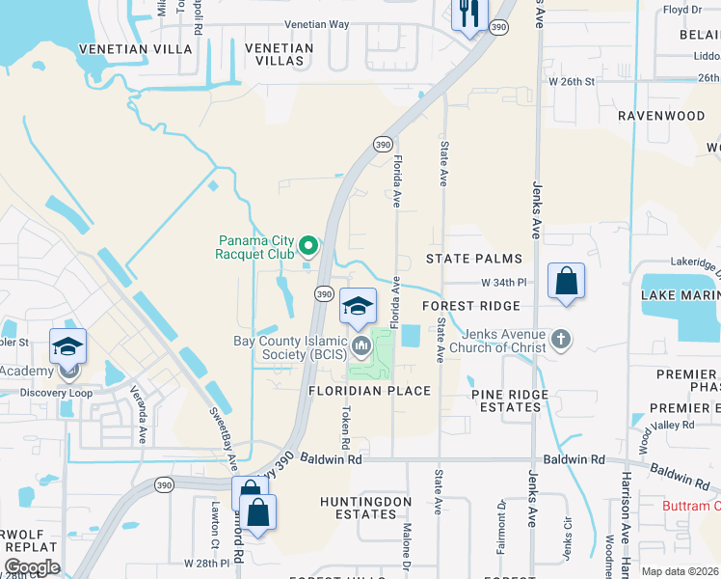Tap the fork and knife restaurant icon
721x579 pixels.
(469, 14)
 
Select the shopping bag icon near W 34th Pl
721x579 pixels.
(566, 282)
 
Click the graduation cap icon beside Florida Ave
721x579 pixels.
(358, 307)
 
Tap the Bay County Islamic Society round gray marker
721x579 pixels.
(361, 345)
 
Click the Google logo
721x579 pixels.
(32, 567)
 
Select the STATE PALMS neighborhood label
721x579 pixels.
(474, 259)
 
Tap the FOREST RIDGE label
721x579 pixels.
(471, 305)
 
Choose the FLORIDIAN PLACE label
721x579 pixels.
(369, 391)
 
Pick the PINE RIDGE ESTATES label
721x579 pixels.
(510, 400)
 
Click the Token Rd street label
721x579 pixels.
(345, 426)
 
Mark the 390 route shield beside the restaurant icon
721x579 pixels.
(498, 28)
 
